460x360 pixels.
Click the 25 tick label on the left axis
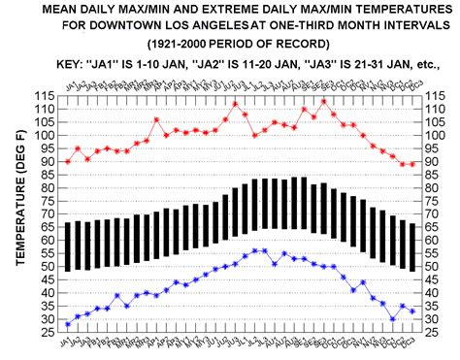[49, 333]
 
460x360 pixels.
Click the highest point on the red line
[235, 103]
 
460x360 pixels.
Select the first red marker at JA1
[67, 161]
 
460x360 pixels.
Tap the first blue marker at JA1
[67, 323]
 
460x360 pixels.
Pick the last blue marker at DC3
[412, 311]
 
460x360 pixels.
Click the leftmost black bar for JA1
[67, 246]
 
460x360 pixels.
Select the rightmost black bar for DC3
[412, 247]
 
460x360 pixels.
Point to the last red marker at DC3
[412, 164]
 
